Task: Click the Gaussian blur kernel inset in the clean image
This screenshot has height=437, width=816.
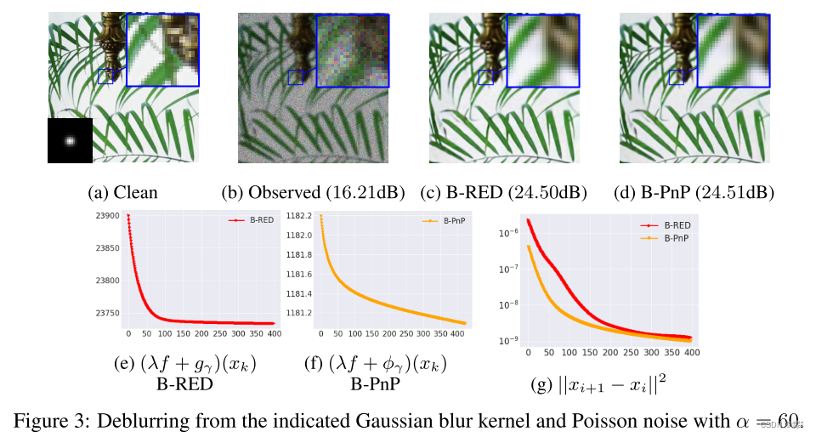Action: (70, 140)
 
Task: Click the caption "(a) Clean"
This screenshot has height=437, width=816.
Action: (122, 193)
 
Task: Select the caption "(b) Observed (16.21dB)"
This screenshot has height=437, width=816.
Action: (313, 193)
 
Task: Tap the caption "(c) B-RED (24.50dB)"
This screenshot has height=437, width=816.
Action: (503, 193)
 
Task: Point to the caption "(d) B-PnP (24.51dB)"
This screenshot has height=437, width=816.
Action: (694, 193)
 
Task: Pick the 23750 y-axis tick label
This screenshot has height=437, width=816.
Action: (107, 312)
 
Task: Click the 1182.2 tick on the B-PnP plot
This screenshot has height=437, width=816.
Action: (298, 216)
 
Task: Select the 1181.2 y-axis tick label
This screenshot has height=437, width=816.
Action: (298, 313)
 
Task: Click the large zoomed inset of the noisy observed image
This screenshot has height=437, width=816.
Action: (352, 50)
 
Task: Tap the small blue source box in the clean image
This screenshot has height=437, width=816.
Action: (105, 77)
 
